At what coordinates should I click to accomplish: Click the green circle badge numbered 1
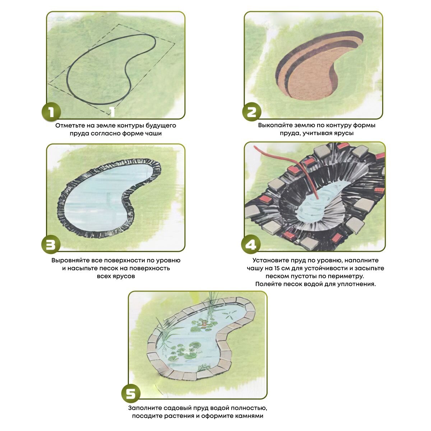tap(51, 112)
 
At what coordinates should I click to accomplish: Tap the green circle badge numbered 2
tap(252, 112)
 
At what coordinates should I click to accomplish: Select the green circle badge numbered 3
tap(51, 244)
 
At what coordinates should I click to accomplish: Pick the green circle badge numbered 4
tap(250, 244)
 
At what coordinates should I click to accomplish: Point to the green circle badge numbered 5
tap(131, 394)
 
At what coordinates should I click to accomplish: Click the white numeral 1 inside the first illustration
tap(112, 112)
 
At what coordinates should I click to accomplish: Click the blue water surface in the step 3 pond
tap(98, 197)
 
